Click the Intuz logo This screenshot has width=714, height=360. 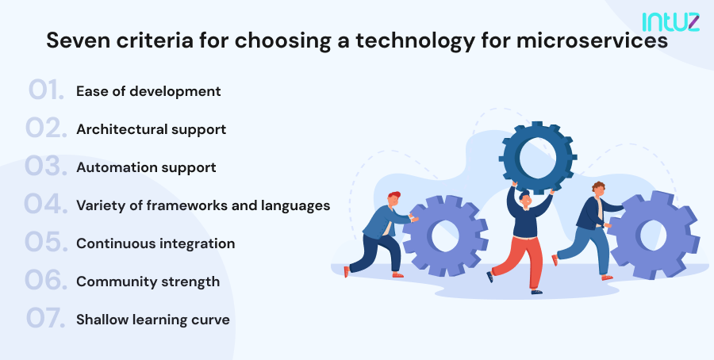pos(670,21)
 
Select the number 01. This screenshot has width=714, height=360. pos(46,90)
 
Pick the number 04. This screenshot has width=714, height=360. pos(46,205)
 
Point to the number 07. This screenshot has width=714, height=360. pos(46,320)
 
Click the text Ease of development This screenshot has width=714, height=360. pos(148,91)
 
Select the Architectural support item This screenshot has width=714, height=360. pos(151,129)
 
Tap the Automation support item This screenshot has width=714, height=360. pos(146,167)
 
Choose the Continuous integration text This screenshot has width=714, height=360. pos(155,243)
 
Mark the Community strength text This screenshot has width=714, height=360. pos(148,281)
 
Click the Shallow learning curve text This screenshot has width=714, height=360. pos(153,320)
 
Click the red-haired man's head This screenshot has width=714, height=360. pos(393,200)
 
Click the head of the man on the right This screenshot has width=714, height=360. pos(598,190)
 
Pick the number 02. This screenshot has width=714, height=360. pos(46,128)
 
